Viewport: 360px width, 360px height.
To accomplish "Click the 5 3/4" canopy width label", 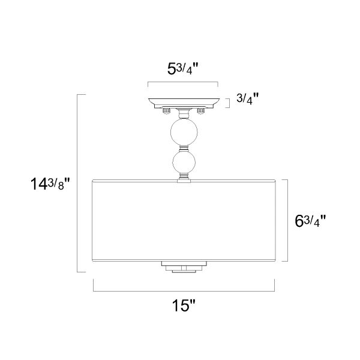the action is click(x=183, y=68).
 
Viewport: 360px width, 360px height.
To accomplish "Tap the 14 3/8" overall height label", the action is click(x=50, y=184).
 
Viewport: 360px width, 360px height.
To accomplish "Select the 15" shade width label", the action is click(x=184, y=305).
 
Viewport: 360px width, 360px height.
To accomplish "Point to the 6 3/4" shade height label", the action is click(x=310, y=221).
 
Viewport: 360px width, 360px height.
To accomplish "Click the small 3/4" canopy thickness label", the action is click(x=247, y=98).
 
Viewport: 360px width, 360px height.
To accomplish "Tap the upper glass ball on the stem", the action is click(x=184, y=132).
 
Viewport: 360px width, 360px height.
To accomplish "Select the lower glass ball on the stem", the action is click(x=184, y=162).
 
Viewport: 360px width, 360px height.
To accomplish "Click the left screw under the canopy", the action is click(x=166, y=110).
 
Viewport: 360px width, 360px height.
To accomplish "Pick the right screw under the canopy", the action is click(x=201, y=110).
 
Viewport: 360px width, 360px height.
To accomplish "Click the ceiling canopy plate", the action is click(x=184, y=103).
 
